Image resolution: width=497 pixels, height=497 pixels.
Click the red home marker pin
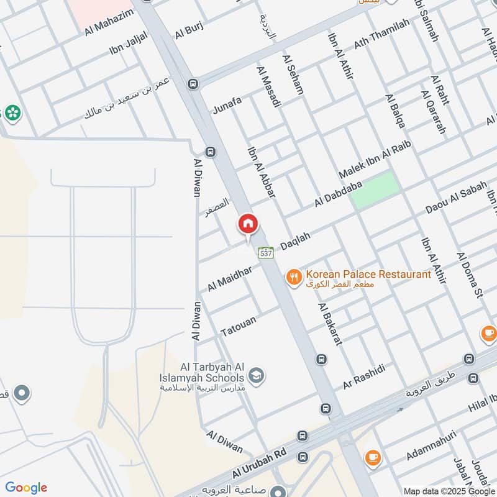pyautogui.click(x=248, y=224)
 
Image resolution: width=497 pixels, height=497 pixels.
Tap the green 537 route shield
pyautogui.click(x=266, y=253)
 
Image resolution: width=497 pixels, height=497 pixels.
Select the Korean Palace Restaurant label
pyautogui.click(x=369, y=275)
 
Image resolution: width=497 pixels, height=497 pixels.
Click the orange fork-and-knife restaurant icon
pyautogui.click(x=294, y=276)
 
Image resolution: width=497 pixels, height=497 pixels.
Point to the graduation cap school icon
pyautogui.click(x=255, y=375)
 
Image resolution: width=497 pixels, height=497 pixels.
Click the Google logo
pyautogui.click(x=26, y=487)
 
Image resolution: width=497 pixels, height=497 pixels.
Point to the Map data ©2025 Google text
pyautogui.click(x=449, y=491)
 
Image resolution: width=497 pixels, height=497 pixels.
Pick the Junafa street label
pyautogui.click(x=227, y=102)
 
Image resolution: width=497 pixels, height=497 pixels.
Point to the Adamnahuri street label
pyautogui.click(x=431, y=447)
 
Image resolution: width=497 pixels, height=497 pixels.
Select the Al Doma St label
pyautogui.click(x=470, y=275)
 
